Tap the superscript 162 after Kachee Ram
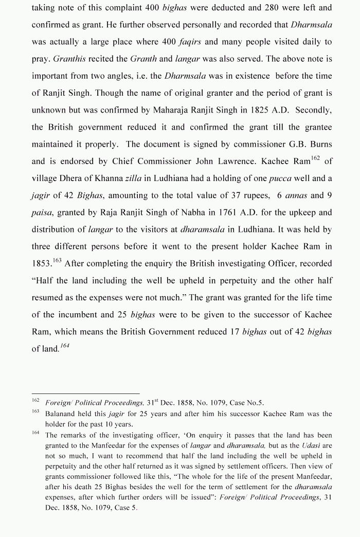(315, 158)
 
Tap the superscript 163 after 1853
(57, 260)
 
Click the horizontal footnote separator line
(85, 393)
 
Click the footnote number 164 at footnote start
(35, 433)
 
